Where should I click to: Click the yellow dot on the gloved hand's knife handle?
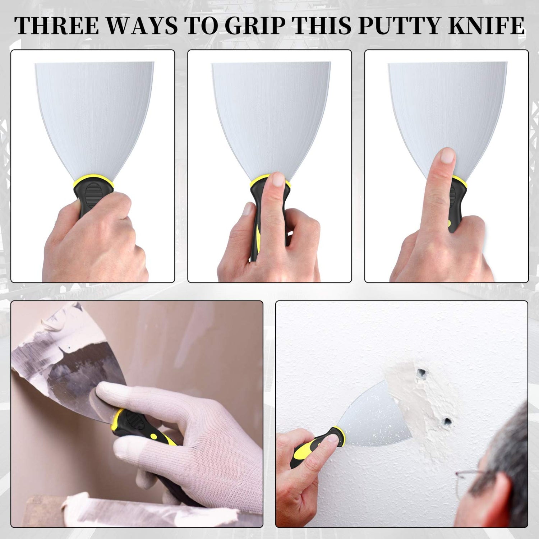tap(153, 436)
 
